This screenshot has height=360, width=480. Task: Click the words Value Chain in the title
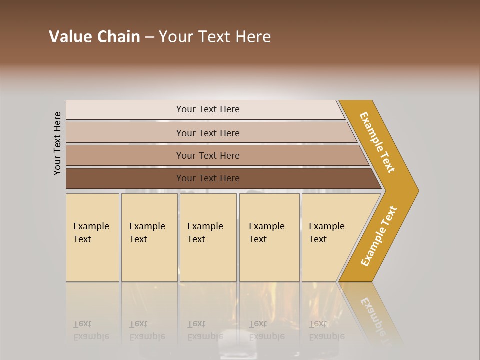click(94, 37)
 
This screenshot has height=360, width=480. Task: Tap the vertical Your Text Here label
click(57, 143)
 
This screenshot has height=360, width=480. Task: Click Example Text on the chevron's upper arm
click(377, 142)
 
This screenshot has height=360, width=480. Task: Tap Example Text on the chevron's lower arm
click(379, 236)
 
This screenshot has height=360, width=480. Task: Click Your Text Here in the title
click(215, 37)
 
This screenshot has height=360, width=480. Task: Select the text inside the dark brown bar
click(208, 178)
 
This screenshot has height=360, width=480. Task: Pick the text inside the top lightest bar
click(208, 109)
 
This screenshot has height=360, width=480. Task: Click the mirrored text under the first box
click(91, 330)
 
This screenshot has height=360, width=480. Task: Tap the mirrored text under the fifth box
click(327, 330)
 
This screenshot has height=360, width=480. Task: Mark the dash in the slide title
click(149, 37)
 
